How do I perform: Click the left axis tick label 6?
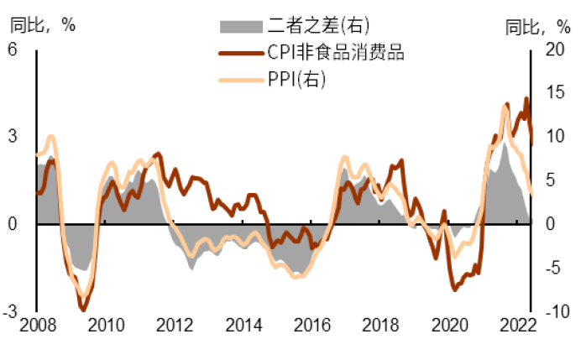(13, 49)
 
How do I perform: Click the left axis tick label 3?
(13, 136)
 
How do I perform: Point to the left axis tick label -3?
(11, 311)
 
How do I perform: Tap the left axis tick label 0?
(13, 224)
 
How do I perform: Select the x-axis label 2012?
(170, 326)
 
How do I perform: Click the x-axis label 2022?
(518, 326)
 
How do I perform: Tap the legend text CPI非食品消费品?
(336, 53)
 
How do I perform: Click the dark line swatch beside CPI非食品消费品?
(238, 53)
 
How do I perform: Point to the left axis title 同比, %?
(42, 24)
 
